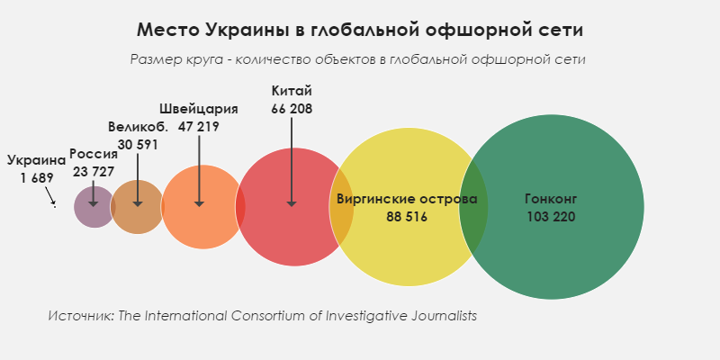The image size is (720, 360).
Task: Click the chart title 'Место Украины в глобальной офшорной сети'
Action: coord(360,30)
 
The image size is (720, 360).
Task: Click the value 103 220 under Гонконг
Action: coord(549,217)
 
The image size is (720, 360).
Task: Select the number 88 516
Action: coord(407,217)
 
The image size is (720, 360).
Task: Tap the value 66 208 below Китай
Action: coord(292,109)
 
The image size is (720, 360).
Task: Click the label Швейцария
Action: coord(199,109)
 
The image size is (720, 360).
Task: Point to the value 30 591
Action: coord(138,144)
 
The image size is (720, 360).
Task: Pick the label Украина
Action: coord(37,160)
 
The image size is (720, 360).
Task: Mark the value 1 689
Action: coord(37,177)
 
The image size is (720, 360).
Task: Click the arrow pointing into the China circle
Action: coord(292,162)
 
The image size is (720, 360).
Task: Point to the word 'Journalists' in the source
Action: coord(441,316)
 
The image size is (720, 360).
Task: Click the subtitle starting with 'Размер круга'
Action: coord(358,59)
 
